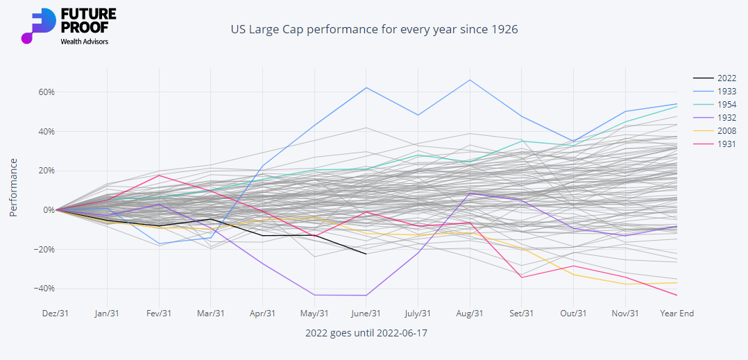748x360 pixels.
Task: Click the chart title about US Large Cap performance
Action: tap(374, 30)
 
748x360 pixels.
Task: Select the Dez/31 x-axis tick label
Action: tap(56, 314)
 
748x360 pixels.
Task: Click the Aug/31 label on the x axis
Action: tap(470, 314)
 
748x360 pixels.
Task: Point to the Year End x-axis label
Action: tap(677, 314)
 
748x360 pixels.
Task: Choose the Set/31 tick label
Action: tap(521, 314)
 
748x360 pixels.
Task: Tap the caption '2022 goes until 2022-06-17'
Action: tap(366, 333)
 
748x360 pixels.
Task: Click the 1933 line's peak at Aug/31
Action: tap(470, 80)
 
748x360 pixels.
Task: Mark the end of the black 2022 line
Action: tap(366, 254)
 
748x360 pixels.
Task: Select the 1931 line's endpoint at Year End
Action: tap(677, 295)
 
